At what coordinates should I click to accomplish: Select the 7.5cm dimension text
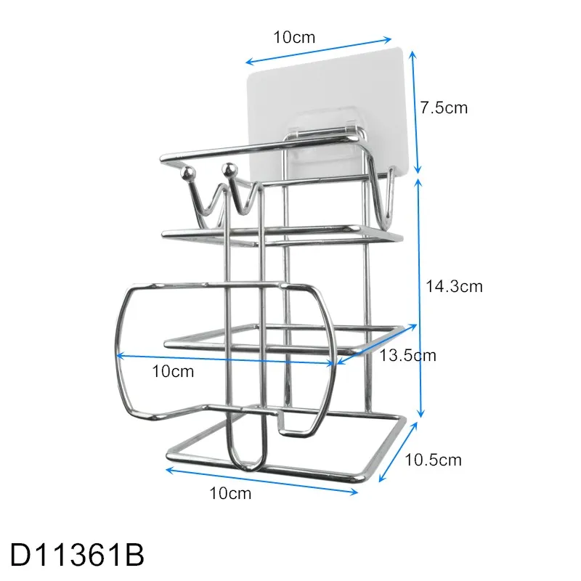[444, 108]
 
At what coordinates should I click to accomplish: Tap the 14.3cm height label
[455, 285]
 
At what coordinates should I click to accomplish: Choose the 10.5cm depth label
[433, 460]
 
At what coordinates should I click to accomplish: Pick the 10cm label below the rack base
[230, 494]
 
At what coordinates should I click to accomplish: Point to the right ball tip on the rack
[230, 169]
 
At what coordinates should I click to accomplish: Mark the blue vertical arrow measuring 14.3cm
[420, 298]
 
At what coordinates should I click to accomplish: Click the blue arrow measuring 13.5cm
[376, 343]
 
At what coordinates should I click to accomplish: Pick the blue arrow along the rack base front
[262, 481]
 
